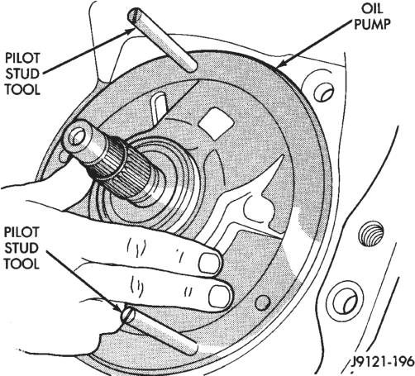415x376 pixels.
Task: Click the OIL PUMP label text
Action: click(x=372, y=17)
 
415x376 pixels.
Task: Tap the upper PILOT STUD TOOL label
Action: click(x=22, y=74)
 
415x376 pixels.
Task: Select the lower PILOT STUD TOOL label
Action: click(x=21, y=248)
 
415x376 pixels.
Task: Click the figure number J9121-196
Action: click(x=383, y=361)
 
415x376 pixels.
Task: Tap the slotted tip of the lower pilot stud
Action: click(x=127, y=314)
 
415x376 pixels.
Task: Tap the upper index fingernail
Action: click(x=210, y=263)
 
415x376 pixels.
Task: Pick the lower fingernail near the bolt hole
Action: click(x=221, y=296)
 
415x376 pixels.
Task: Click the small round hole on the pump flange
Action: click(x=263, y=302)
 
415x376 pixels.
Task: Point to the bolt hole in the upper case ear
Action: click(x=324, y=93)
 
